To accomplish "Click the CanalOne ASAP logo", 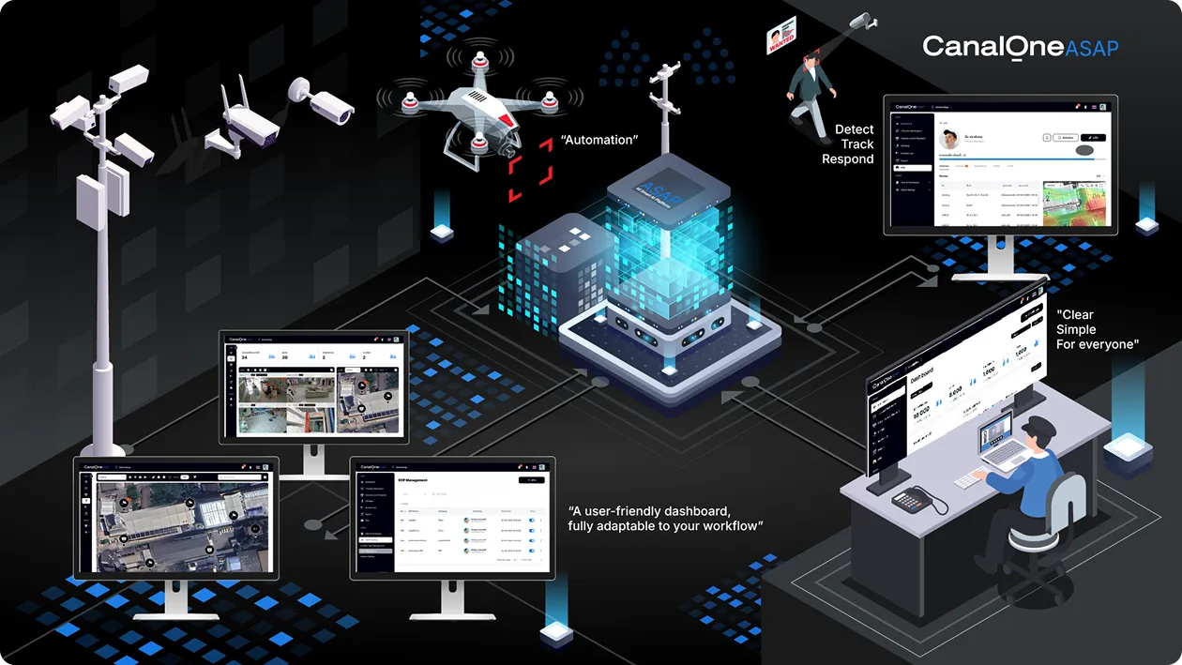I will pos(1020,47).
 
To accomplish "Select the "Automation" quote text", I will pos(599,140).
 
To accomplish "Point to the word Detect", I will pos(854,129).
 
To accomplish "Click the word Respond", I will pos(847,159).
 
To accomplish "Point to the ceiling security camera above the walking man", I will pos(861,21).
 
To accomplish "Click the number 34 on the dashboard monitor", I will pos(244,356).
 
